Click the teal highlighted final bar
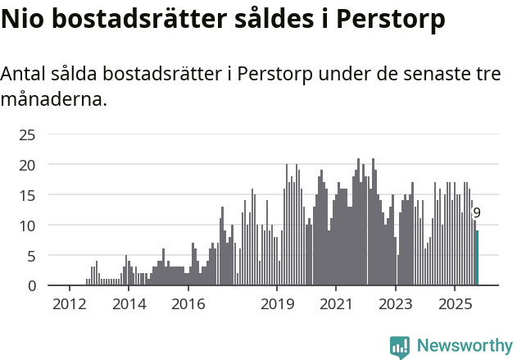point(477,258)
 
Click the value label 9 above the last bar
point(477,213)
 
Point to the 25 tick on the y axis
point(27,134)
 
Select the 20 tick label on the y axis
point(27,165)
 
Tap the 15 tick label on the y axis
point(27,195)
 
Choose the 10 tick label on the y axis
point(27,226)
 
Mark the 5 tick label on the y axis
point(31,256)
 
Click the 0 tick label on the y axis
point(31,285)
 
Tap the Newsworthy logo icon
point(400,347)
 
